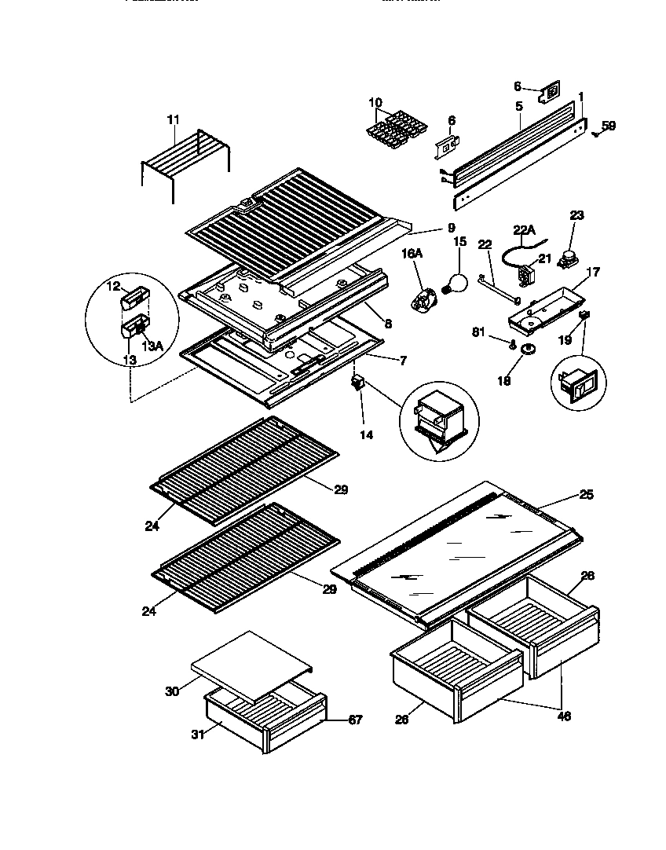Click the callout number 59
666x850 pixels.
tap(609, 125)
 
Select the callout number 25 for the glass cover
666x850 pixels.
tap(586, 495)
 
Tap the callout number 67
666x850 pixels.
tap(355, 720)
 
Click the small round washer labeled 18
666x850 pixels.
tap(528, 349)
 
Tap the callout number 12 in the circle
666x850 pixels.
tap(114, 287)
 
